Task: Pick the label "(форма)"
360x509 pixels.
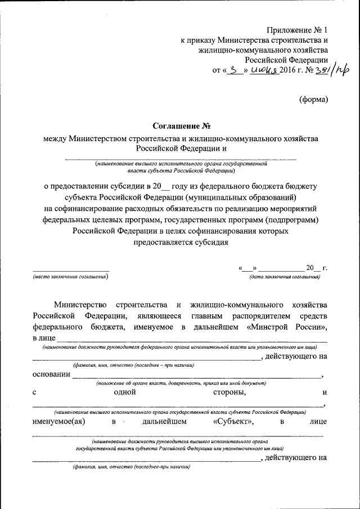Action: pyautogui.click(x=312, y=100)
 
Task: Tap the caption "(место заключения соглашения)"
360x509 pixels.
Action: pyautogui.click(x=70, y=277)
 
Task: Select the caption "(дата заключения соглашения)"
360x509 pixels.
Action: pyautogui.click(x=285, y=277)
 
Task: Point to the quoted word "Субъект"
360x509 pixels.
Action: pyautogui.click(x=234, y=421)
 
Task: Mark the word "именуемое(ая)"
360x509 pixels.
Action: pyautogui.click(x=62, y=421)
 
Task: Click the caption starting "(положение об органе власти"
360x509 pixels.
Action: pyautogui.click(x=180, y=382)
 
